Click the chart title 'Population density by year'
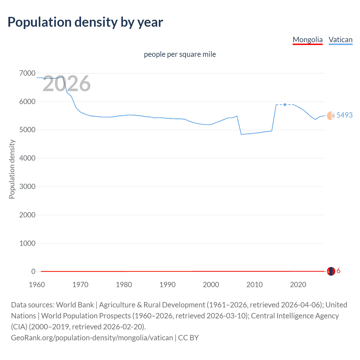click(x=85, y=22)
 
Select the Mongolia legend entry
click(x=307, y=40)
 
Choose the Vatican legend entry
click(x=340, y=40)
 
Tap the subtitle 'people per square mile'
click(x=180, y=54)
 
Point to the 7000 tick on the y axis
click(x=27, y=73)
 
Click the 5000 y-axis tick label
click(x=27, y=130)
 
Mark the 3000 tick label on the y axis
click(x=27, y=186)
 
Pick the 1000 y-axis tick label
click(x=27, y=243)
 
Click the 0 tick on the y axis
click(x=33, y=271)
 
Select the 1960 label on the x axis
click(x=37, y=285)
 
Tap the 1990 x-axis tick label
click(x=167, y=285)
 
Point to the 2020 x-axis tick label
click(x=298, y=285)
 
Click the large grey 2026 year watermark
click(x=67, y=84)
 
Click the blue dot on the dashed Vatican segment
click(x=285, y=105)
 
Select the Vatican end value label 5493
click(x=344, y=115)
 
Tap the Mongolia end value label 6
click(x=338, y=271)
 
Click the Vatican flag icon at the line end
click(x=331, y=116)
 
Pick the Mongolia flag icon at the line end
click(x=331, y=271)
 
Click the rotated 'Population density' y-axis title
click(x=12, y=169)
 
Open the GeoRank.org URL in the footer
click(x=92, y=337)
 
